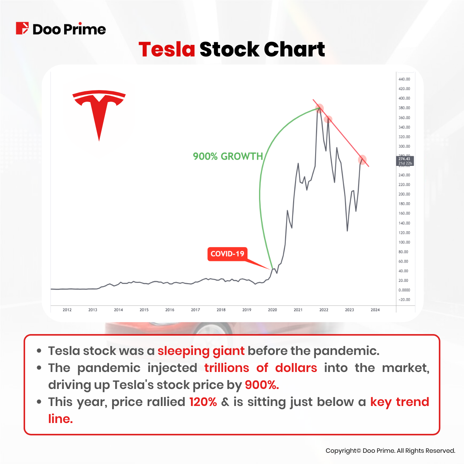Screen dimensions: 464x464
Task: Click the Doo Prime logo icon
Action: pyautogui.click(x=22, y=29)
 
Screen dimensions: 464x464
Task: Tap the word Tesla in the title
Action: pyautogui.click(x=167, y=49)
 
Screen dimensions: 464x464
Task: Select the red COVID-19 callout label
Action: pyautogui.click(x=227, y=254)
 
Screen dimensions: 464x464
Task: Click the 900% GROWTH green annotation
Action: pyautogui.click(x=228, y=156)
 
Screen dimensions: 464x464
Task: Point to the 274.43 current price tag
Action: pyautogui.click(x=405, y=161)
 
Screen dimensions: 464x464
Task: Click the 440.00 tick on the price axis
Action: pyautogui.click(x=404, y=79)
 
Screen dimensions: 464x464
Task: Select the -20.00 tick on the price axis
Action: pyautogui.click(x=404, y=300)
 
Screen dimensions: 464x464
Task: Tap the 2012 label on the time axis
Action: pyautogui.click(x=67, y=310)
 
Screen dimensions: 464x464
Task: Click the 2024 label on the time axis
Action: pyautogui.click(x=375, y=310)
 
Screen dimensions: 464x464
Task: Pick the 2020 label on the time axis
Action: pyautogui.click(x=272, y=310)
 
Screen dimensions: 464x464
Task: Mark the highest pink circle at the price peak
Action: pyautogui.click(x=319, y=108)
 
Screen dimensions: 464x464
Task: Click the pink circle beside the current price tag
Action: pyautogui.click(x=362, y=159)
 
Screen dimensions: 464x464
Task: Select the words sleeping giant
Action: pyautogui.click(x=201, y=351)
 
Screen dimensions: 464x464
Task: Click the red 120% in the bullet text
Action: pyautogui.click(x=203, y=402)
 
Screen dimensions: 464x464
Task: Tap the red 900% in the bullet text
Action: pyautogui.click(x=262, y=385)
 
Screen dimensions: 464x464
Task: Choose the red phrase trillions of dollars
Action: pyautogui.click(x=261, y=368)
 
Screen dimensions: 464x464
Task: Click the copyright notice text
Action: pyautogui.click(x=390, y=450)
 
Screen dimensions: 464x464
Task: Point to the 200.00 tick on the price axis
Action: pyautogui.click(x=404, y=194)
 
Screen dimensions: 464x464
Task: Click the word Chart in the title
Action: pyautogui.click(x=294, y=49)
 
